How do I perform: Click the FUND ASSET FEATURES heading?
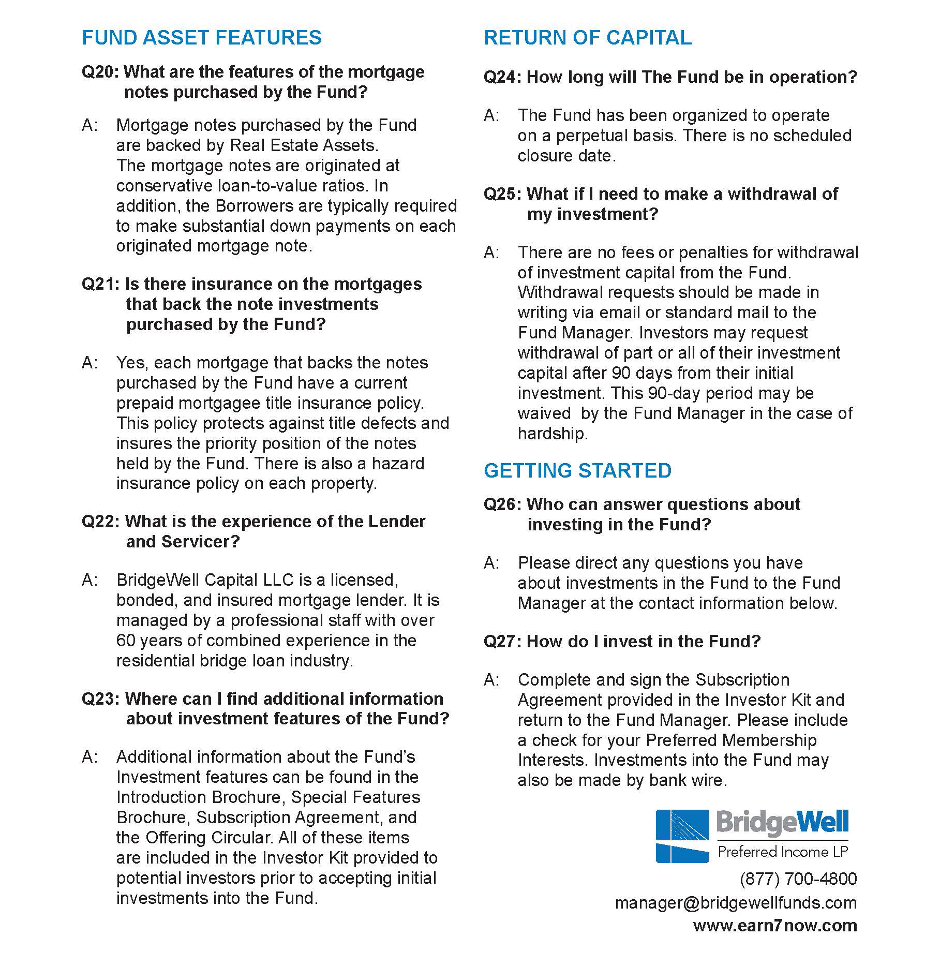[202, 38]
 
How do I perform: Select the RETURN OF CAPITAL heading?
[587, 38]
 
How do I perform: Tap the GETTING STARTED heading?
[577, 471]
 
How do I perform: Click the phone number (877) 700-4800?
[798, 879]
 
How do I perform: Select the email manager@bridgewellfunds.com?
[736, 903]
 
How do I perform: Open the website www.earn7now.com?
[775, 926]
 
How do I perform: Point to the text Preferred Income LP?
[783, 852]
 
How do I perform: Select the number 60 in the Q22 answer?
[126, 641]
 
